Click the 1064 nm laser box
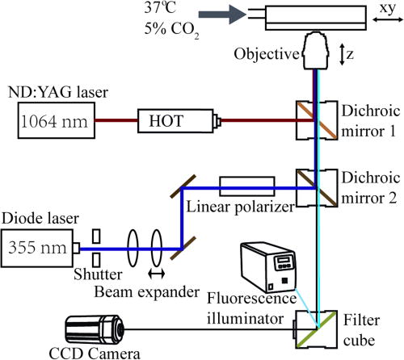pos(47,123)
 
